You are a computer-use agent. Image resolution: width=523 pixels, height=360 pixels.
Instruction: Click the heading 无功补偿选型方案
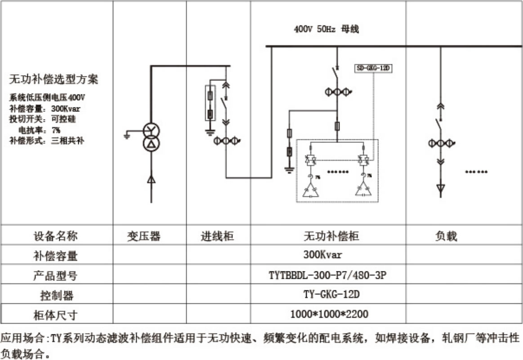[54, 80]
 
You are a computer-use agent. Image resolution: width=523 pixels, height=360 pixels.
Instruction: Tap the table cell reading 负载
[446, 236]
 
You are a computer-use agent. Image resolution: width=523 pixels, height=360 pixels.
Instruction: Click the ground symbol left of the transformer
[129, 134]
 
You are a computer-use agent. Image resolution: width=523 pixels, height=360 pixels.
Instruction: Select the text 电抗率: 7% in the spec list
[39, 130]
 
